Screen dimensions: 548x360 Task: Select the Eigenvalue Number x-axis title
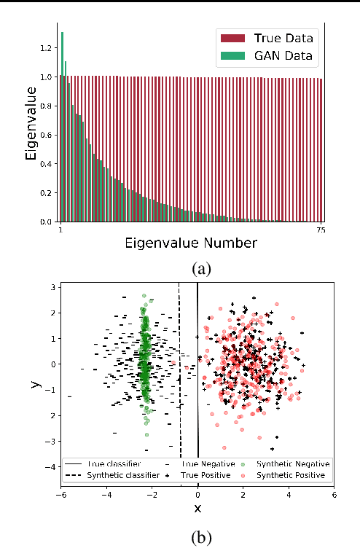tap(192, 241)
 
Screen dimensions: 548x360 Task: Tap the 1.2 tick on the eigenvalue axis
tap(47, 48)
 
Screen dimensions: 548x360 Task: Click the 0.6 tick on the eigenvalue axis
tap(47, 135)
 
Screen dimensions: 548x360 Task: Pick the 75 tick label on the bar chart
tap(321, 231)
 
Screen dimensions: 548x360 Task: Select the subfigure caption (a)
tap(200, 267)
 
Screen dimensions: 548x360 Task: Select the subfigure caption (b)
tap(200, 538)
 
